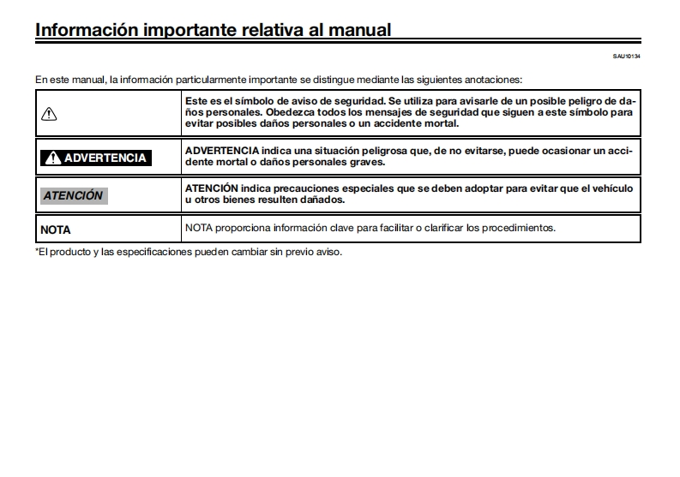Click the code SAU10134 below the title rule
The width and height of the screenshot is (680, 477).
tap(628, 57)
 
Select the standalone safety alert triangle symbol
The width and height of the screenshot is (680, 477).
tap(49, 113)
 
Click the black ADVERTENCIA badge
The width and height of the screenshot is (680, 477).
tap(95, 158)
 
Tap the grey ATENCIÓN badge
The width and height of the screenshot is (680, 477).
tap(74, 195)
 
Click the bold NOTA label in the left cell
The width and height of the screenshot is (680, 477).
tap(56, 230)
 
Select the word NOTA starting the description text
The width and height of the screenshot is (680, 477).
tap(198, 228)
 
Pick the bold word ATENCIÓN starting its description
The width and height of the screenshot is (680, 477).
tap(212, 188)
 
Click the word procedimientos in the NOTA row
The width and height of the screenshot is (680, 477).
tap(520, 228)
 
